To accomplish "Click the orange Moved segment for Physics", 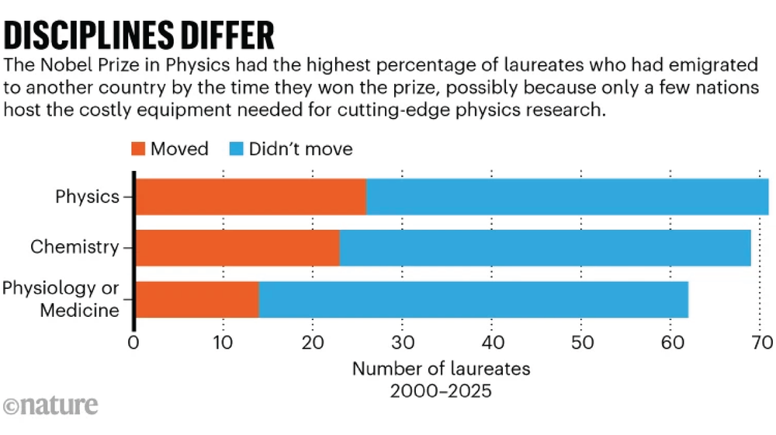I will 251,197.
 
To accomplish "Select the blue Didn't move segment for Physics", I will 566,197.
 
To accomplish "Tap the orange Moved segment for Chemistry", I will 237,248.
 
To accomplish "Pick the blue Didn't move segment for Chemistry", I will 545,248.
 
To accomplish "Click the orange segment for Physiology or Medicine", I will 197,299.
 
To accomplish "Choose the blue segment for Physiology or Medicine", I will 473,299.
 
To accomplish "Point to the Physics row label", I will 87,197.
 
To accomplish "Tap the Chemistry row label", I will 74,248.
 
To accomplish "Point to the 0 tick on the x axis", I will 134,342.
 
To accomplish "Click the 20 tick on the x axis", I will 313,342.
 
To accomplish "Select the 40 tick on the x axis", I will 491,342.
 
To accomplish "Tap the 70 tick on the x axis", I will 760,342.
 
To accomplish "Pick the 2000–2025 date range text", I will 441,390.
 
